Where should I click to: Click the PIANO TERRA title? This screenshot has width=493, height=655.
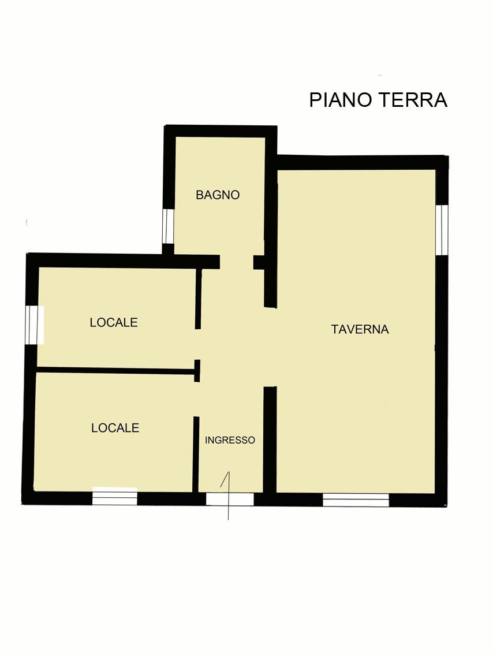(x=378, y=101)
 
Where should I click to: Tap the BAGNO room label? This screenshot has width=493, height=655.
(x=218, y=195)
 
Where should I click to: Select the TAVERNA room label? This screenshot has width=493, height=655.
(x=360, y=329)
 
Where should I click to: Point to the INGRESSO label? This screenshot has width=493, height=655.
(x=230, y=440)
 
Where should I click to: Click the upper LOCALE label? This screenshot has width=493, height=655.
(x=114, y=322)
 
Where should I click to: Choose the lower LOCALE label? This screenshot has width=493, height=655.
(x=115, y=428)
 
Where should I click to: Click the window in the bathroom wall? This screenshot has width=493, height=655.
(x=167, y=226)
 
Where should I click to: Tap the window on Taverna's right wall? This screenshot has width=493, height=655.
(x=441, y=229)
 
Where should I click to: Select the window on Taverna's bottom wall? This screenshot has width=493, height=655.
(x=356, y=500)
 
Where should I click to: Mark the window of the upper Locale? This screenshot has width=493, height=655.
(x=34, y=325)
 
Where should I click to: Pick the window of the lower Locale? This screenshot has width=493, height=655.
(x=115, y=496)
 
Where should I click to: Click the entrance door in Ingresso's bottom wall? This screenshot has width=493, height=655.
(x=230, y=499)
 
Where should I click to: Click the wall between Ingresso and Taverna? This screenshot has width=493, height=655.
(x=270, y=440)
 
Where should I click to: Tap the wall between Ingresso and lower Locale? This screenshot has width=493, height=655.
(x=195, y=454)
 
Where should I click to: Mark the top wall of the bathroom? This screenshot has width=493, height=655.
(x=221, y=131)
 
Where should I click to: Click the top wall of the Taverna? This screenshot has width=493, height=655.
(x=363, y=162)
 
